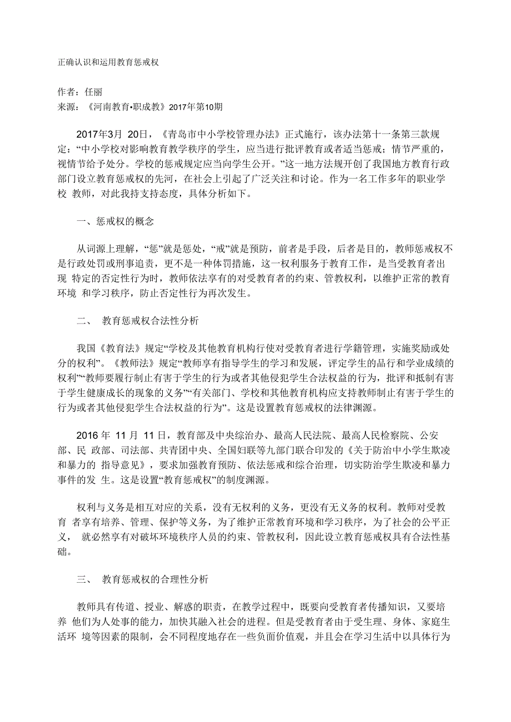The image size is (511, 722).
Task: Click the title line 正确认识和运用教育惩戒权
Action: (108, 63)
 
